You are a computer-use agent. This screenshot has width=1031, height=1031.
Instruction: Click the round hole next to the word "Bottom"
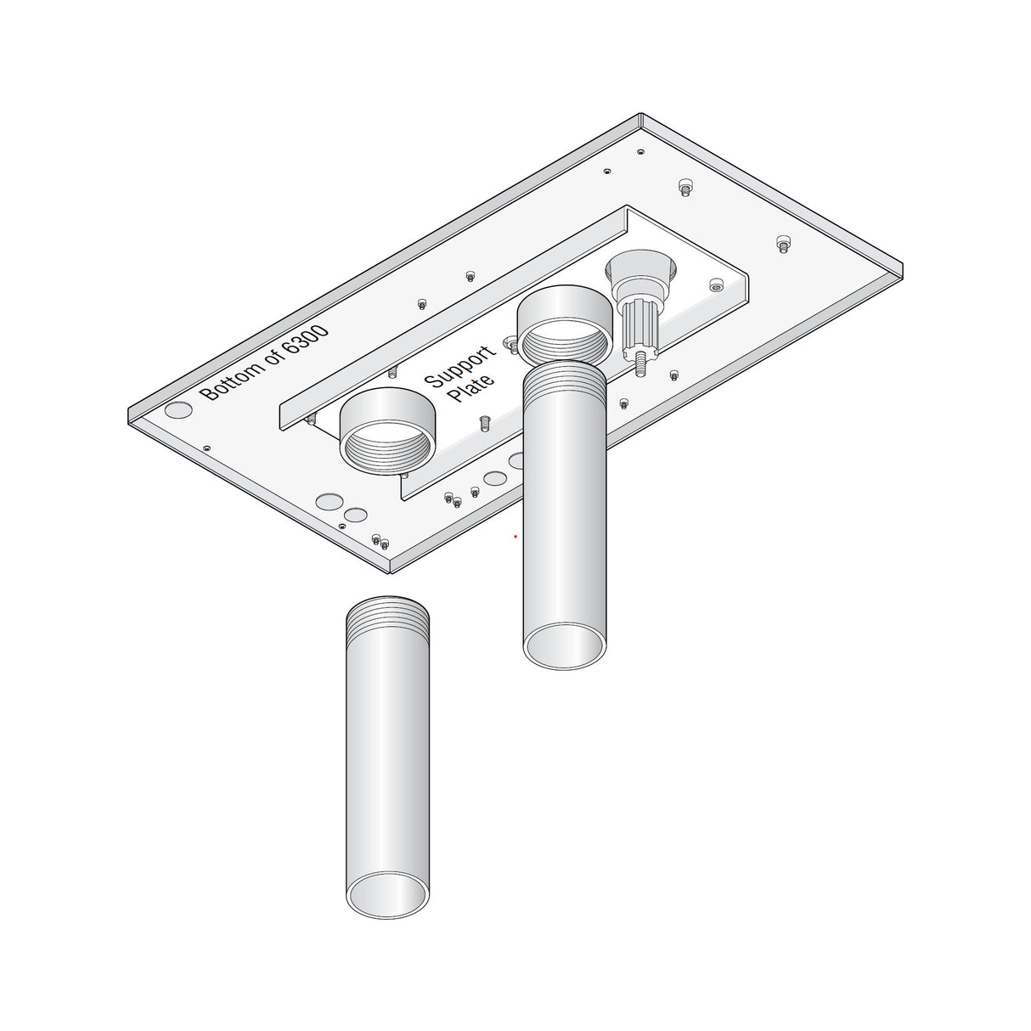click(x=178, y=409)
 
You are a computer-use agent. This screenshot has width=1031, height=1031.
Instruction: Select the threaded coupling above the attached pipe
click(x=565, y=324)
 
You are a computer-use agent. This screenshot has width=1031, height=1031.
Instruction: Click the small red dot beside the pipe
click(x=515, y=537)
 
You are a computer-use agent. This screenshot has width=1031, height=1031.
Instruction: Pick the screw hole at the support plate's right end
click(x=716, y=287)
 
